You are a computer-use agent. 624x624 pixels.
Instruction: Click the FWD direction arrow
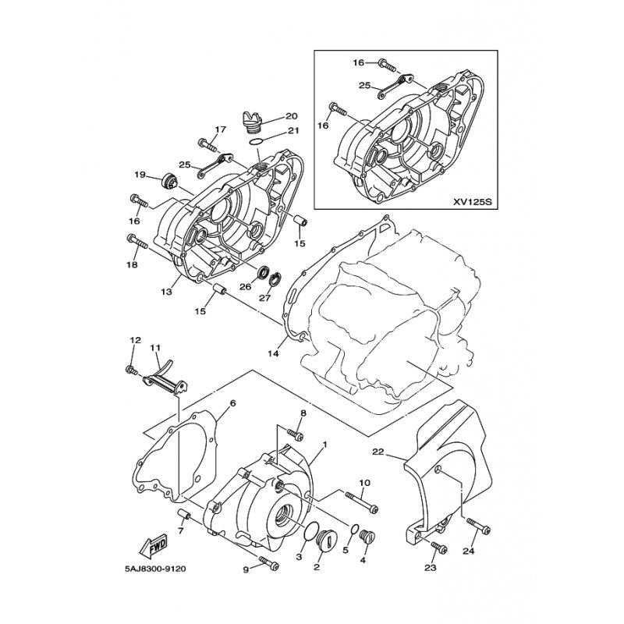tap(154, 546)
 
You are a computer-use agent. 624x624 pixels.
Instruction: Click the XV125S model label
tap(473, 202)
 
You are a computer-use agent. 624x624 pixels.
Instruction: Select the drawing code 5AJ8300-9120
tap(154, 569)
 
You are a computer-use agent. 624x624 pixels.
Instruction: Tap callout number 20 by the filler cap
tap(291, 116)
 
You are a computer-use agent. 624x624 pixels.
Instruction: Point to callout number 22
tap(378, 452)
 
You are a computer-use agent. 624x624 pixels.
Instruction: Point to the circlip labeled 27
tap(275, 279)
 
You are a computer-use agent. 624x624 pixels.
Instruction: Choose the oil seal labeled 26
tap(263, 273)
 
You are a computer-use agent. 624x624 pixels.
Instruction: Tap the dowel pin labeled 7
tap(185, 516)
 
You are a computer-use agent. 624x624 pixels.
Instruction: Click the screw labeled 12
tap(132, 370)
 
